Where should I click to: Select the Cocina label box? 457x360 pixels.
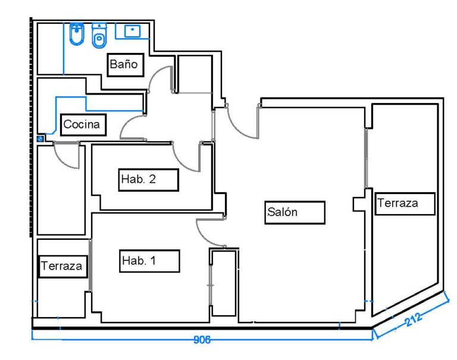tap(84, 125)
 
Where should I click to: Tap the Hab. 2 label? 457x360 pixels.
tap(148, 180)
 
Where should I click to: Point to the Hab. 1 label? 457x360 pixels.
tap(149, 261)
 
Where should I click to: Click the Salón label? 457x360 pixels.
tap(295, 212)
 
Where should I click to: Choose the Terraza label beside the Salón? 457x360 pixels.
tap(405, 204)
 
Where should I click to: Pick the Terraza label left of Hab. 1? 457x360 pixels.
tap(62, 266)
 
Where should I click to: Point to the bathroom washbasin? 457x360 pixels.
tap(132, 30)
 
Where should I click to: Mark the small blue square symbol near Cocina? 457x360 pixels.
tap(40, 138)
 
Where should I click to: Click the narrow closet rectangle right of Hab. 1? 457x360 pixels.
tap(224, 283)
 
